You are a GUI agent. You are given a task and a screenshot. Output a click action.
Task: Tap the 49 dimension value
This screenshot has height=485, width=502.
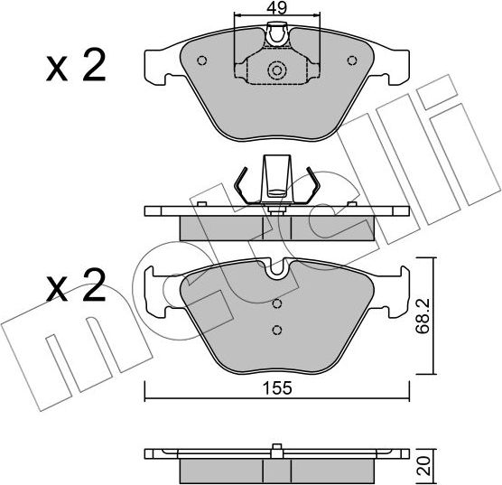point(277,9)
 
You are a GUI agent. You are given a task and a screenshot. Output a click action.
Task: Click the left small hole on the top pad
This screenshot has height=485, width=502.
point(203,62)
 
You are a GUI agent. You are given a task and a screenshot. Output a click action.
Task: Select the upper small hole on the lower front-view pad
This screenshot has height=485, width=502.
point(277,304)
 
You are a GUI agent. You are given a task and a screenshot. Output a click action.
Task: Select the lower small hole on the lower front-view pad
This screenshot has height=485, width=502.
point(277,330)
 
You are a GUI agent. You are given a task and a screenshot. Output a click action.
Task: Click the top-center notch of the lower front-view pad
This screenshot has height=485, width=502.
point(277,266)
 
